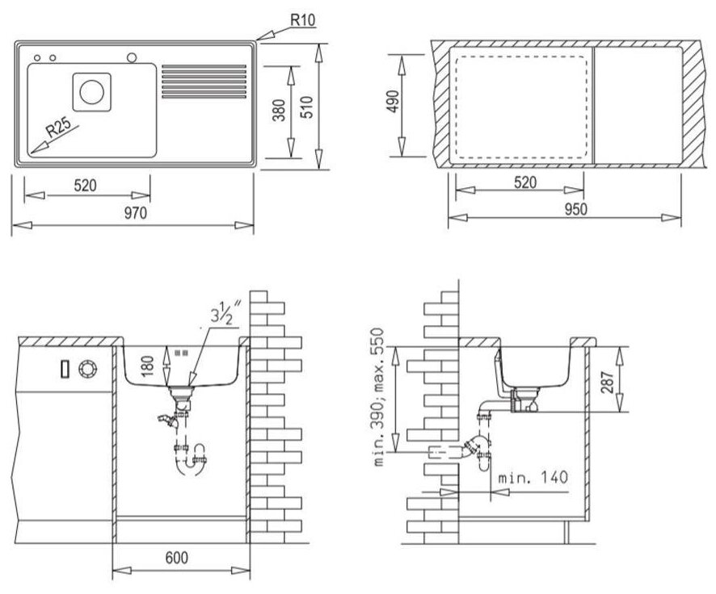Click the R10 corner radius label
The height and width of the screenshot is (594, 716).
303,20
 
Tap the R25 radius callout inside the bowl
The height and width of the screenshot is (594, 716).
58,128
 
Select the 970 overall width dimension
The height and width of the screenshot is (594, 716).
136,213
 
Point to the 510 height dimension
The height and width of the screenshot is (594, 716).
309,107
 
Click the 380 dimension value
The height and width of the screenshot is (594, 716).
279,110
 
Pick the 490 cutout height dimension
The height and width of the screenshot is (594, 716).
392,102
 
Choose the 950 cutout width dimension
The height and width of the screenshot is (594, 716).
576,209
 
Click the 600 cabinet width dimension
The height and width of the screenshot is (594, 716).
176,558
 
